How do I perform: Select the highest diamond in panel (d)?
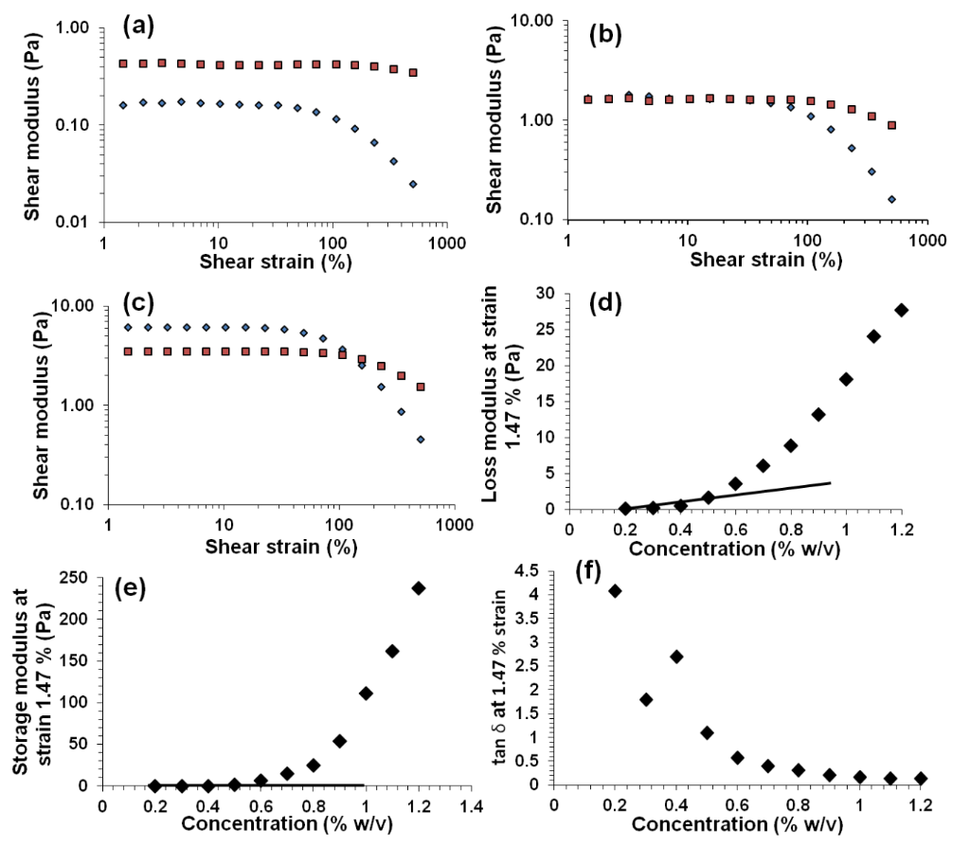901,310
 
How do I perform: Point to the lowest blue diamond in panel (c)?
420,440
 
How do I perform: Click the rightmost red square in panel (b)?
891,125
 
